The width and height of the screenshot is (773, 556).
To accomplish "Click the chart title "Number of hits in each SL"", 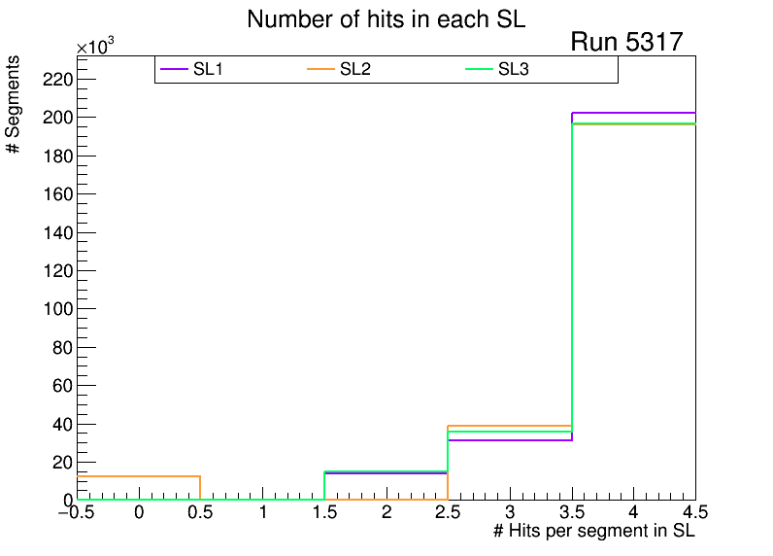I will [x=386, y=19].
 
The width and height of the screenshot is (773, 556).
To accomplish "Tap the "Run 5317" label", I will [x=626, y=42].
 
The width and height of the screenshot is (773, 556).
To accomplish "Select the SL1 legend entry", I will [x=210, y=69].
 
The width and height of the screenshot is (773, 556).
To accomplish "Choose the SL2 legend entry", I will [x=356, y=69].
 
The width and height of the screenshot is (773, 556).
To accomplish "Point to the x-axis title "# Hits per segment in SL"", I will [x=594, y=531].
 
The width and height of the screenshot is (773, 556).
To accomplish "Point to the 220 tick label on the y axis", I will [x=57, y=79].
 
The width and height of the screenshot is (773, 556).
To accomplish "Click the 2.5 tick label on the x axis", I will [x=448, y=512].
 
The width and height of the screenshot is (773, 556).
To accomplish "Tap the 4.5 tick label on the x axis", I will [x=693, y=512].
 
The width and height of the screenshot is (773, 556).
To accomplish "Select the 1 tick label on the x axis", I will [x=263, y=512].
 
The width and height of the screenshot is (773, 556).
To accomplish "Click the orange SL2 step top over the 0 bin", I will [x=139, y=476].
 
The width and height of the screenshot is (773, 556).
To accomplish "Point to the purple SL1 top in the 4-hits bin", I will [x=634, y=113].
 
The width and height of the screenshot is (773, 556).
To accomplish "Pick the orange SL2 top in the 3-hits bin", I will [x=510, y=426].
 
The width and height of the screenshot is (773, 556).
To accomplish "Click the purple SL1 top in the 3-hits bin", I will [x=510, y=440].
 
